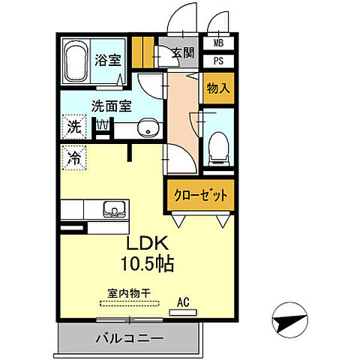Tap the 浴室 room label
click(x=108, y=60)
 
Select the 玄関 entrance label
click(x=183, y=52)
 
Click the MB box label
click(x=218, y=43)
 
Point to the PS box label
click(x=218, y=61)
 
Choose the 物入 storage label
click(x=218, y=88)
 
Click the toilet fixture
click(x=219, y=149)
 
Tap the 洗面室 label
click(x=112, y=106)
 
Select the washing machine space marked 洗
click(x=74, y=127)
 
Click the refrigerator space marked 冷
click(x=74, y=158)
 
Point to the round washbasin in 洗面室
click(x=148, y=127)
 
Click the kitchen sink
click(x=115, y=209)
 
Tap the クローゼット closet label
click(x=201, y=195)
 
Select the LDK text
click(x=148, y=243)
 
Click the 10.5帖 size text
click(x=148, y=264)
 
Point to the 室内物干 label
click(x=129, y=293)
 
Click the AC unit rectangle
click(x=183, y=313)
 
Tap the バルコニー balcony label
click(x=130, y=339)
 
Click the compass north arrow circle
click(x=290, y=320)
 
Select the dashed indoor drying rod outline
click(x=130, y=304)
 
